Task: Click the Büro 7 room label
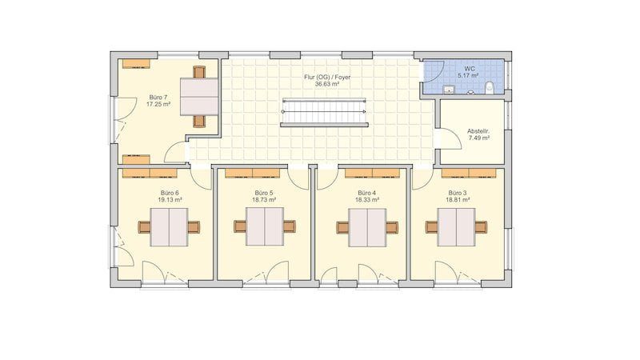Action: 158,98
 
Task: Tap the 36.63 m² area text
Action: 327,84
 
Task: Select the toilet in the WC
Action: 490,87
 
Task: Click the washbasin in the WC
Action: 449,90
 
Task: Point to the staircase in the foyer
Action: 324,112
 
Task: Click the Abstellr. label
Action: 478,131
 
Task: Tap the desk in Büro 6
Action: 169,227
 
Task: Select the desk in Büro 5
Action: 265,226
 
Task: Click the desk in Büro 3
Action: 456,227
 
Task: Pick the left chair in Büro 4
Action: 343,227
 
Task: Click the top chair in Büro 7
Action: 199,72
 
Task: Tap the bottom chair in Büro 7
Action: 199,122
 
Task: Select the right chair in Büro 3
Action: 481,227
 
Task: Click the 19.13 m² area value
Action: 170,200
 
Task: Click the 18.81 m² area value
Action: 458,200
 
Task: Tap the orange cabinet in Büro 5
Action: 252,174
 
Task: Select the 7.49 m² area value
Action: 478,138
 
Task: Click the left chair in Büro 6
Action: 145,227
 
